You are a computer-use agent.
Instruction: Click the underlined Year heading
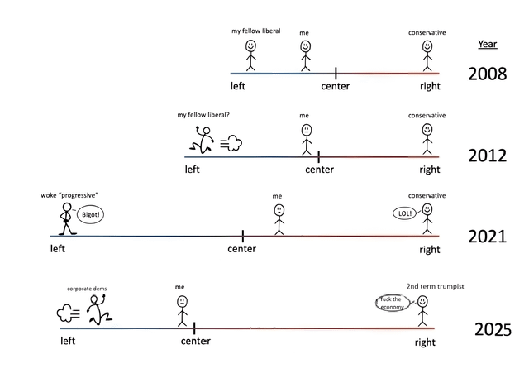pos(488,44)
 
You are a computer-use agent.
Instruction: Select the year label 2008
pos(488,73)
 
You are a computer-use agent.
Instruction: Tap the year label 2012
pos(488,155)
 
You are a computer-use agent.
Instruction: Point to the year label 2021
pos(488,237)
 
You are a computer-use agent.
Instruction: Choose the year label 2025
pos(493,330)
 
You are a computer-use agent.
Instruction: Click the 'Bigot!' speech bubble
pos(90,213)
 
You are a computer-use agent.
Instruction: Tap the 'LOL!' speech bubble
pos(405,213)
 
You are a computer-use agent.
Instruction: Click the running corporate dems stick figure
pos(100,311)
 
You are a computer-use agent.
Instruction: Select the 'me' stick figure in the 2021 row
pos(279,218)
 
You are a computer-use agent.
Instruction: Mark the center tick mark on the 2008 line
pos(336,74)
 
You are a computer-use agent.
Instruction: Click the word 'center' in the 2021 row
pos(241,249)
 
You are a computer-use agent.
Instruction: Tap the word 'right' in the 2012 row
pos(429,170)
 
